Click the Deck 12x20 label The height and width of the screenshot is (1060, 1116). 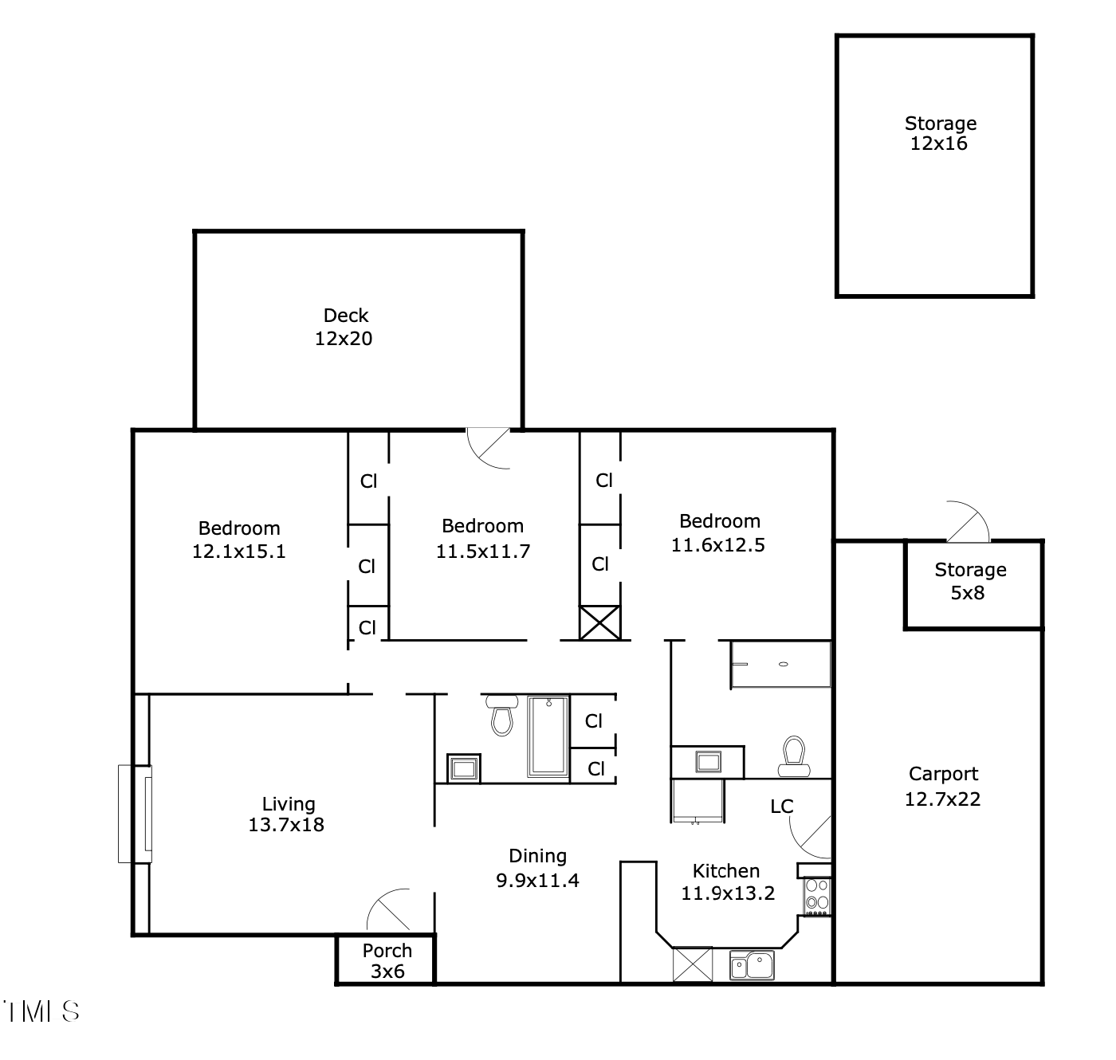344,327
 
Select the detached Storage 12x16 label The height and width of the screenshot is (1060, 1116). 940,133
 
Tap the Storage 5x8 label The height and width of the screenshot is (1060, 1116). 969,581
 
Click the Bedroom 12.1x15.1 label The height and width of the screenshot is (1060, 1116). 238,540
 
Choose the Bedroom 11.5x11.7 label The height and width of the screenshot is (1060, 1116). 482,538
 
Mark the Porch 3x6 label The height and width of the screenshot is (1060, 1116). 387,960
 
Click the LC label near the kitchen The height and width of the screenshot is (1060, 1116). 781,807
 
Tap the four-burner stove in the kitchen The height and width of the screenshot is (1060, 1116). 816,894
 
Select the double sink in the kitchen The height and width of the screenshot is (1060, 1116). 752,965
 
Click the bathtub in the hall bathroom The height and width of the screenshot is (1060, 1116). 548,736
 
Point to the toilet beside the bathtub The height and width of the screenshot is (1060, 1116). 501,715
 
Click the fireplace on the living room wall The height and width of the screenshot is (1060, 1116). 136,814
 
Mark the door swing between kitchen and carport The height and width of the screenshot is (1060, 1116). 811,836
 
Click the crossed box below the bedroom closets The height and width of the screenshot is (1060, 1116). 599,622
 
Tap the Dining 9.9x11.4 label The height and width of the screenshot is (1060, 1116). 537,867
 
